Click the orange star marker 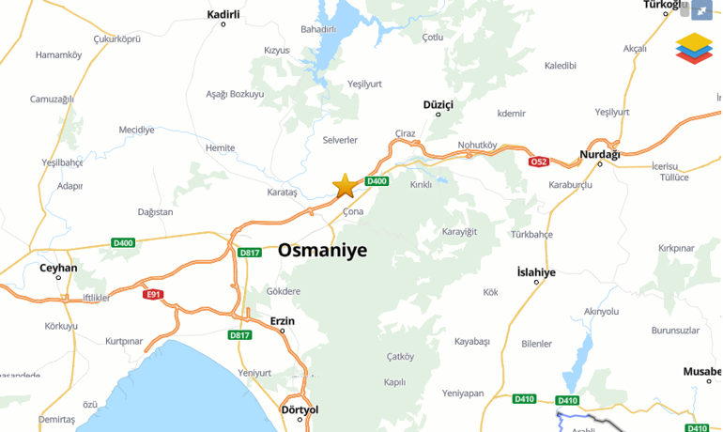click(x=346, y=185)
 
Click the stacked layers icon click(x=694, y=48)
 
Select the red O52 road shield click(x=538, y=162)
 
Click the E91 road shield click(x=153, y=294)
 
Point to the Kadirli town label click(x=223, y=15)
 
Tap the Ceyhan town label click(x=58, y=268)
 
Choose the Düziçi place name click(x=438, y=104)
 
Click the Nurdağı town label click(x=600, y=154)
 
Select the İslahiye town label click(x=537, y=272)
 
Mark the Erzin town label click(x=282, y=321)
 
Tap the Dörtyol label click(x=300, y=409)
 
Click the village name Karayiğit click(x=460, y=231)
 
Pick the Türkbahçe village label click(x=531, y=234)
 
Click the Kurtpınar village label click(x=124, y=341)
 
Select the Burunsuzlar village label click(x=676, y=331)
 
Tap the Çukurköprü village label click(x=116, y=39)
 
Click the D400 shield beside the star click(x=377, y=181)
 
